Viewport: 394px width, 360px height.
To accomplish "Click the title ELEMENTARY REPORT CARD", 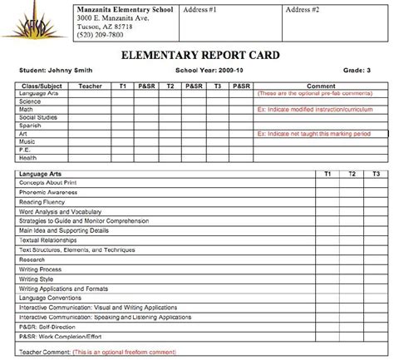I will click(x=197, y=56).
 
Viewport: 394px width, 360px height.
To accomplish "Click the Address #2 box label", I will click(x=302, y=8).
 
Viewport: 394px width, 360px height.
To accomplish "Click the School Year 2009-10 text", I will click(x=204, y=72).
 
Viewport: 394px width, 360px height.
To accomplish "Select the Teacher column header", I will click(x=89, y=86).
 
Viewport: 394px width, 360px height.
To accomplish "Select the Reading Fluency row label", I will click(x=42, y=201).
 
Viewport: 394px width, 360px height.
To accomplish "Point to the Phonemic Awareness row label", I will click(x=47, y=192).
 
